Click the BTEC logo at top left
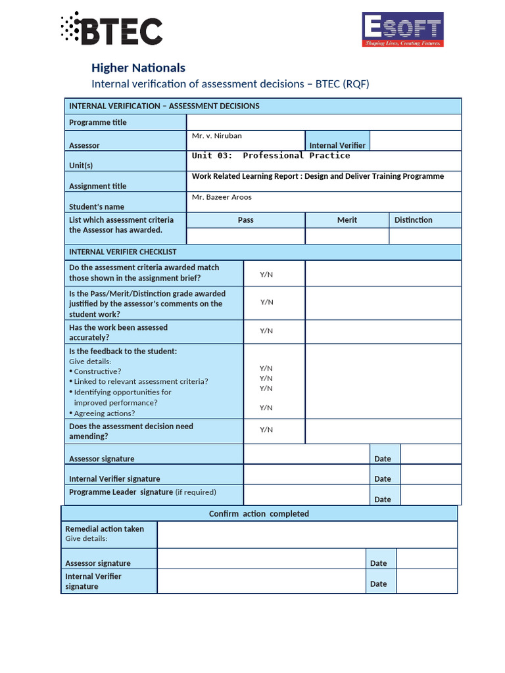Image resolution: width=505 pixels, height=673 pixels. pos(111,30)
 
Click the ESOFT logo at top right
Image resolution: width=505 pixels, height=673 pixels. pos(402,30)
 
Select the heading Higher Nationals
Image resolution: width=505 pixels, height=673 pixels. pos(138,68)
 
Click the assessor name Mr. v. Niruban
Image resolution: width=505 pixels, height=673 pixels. pos(217,136)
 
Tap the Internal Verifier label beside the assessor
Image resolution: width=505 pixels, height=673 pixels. pos(337,145)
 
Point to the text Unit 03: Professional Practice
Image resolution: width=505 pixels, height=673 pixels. pos(271,156)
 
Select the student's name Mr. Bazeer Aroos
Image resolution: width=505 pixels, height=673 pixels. pos(222,197)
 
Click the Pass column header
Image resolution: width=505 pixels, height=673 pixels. pos(245,220)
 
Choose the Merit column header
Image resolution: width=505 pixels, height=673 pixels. pos(347,220)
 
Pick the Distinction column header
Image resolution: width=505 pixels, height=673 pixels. pos(413,220)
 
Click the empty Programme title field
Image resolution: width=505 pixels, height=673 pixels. pos(324,122)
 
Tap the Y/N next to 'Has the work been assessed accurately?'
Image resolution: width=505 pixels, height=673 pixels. pos(266,331)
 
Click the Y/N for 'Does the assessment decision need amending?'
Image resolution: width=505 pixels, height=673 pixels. pos(266,430)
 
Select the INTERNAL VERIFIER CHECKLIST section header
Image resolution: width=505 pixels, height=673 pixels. pos(123,252)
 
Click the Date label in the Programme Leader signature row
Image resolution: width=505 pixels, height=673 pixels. pos(383,499)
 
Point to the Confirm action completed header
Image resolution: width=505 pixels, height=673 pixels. pos(258,514)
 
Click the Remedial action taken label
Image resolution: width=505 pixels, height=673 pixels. pos(105,529)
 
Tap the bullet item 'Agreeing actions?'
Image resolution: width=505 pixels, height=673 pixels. pos(104,413)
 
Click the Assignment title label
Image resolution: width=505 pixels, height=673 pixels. pos(98,186)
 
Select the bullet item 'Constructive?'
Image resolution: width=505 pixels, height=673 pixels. pos(97,371)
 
